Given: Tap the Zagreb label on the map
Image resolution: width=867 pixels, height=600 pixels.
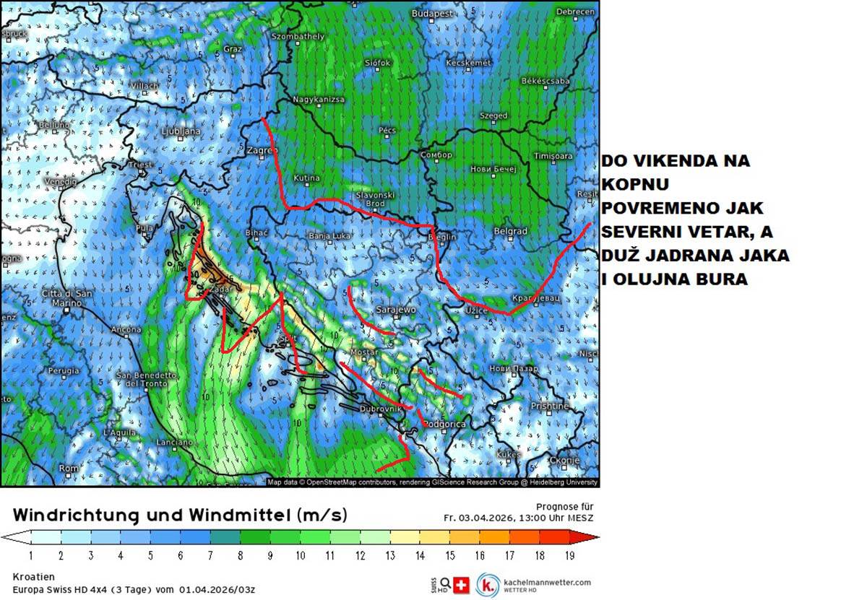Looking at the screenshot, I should click(262, 150).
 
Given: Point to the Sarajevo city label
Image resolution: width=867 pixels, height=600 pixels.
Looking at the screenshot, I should click(396, 310).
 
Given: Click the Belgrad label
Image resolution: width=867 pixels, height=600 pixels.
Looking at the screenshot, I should click(509, 232).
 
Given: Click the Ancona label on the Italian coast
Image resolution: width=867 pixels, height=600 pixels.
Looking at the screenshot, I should click(126, 330).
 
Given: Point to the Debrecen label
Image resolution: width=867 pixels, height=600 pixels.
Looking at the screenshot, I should click(577, 12).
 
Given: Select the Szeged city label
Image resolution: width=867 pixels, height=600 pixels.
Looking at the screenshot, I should click(494, 116).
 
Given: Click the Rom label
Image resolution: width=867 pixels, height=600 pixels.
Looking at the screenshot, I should click(69, 469).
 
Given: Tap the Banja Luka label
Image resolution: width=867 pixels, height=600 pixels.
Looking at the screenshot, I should click(329, 235).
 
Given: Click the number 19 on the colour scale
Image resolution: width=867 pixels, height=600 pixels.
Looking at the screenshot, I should click(569, 555).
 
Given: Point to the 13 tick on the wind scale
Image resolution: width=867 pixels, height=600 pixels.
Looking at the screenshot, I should click(390, 555).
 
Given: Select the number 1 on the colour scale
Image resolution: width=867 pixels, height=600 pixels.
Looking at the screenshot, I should click(30, 555).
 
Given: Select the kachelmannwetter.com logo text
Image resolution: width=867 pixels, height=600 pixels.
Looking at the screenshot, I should click(546, 582).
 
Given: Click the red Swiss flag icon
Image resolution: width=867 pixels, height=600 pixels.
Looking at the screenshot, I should click(460, 585).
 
